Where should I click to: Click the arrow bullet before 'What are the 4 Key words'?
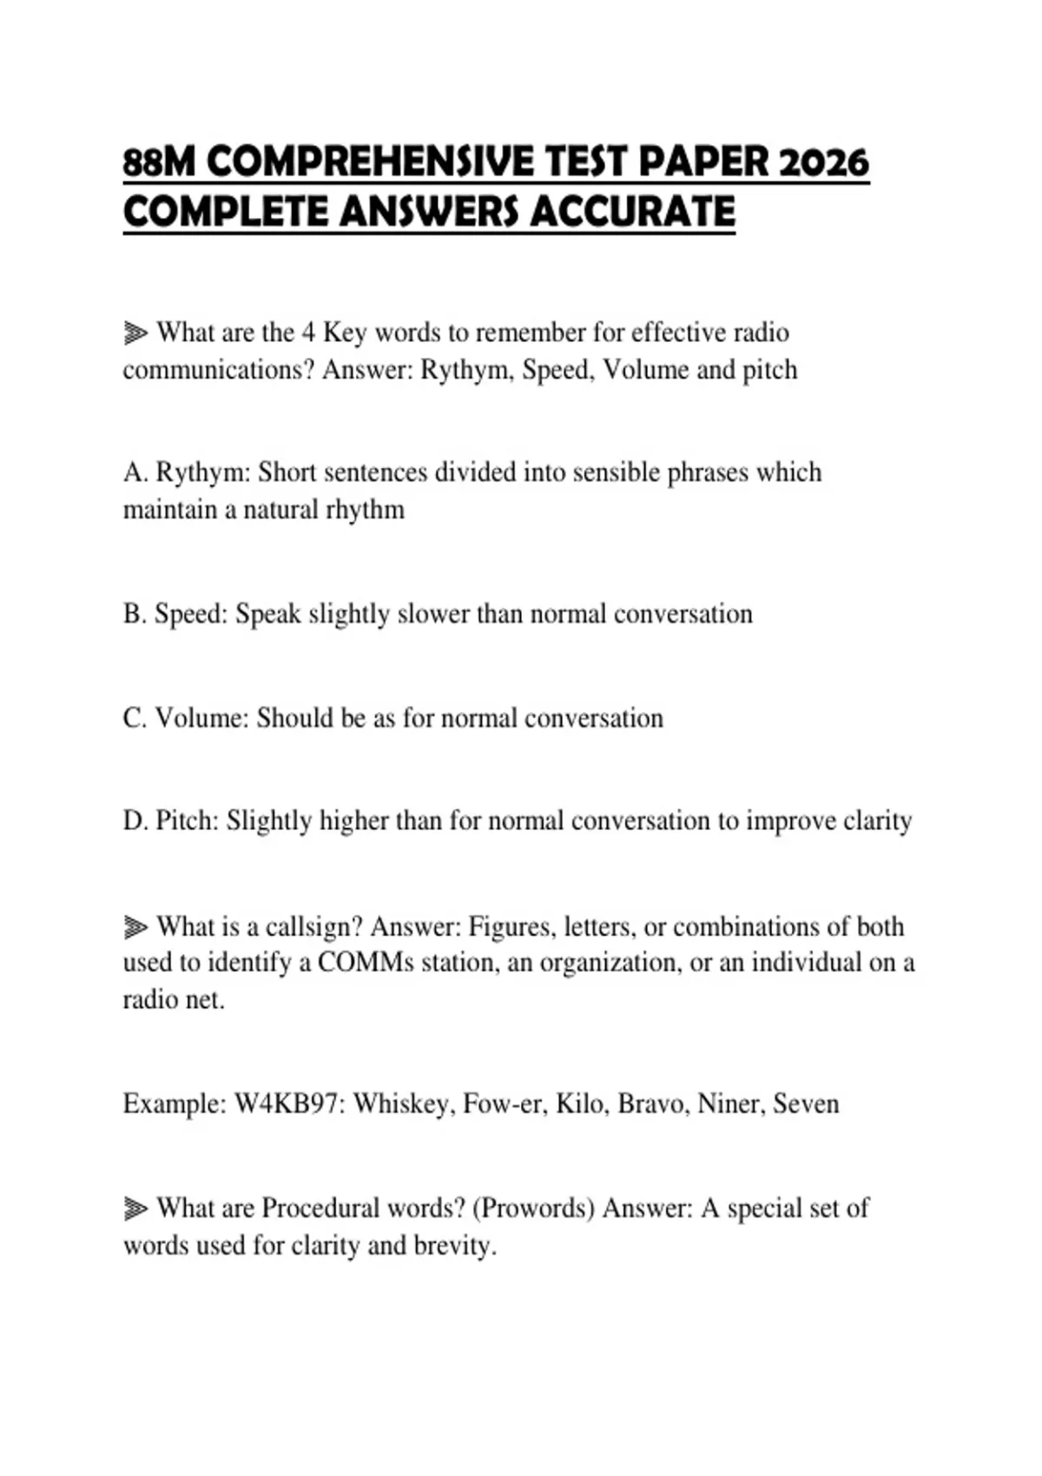pyautogui.click(x=135, y=333)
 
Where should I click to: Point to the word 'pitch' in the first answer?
pyautogui.click(x=769, y=370)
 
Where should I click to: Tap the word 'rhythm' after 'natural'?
pyautogui.click(x=365, y=510)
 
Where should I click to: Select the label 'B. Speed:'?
pyautogui.click(x=175, y=614)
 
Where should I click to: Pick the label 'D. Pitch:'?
pyautogui.click(x=171, y=821)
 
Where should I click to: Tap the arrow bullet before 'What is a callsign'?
pyautogui.click(x=135, y=927)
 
